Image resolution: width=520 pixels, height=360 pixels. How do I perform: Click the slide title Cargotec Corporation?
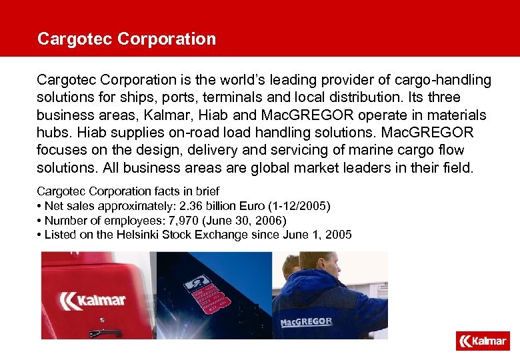tap(127, 39)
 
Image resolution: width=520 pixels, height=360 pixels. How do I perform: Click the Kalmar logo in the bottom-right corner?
tap(483, 341)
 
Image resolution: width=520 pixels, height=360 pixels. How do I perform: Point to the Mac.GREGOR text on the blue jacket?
tap(306, 321)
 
